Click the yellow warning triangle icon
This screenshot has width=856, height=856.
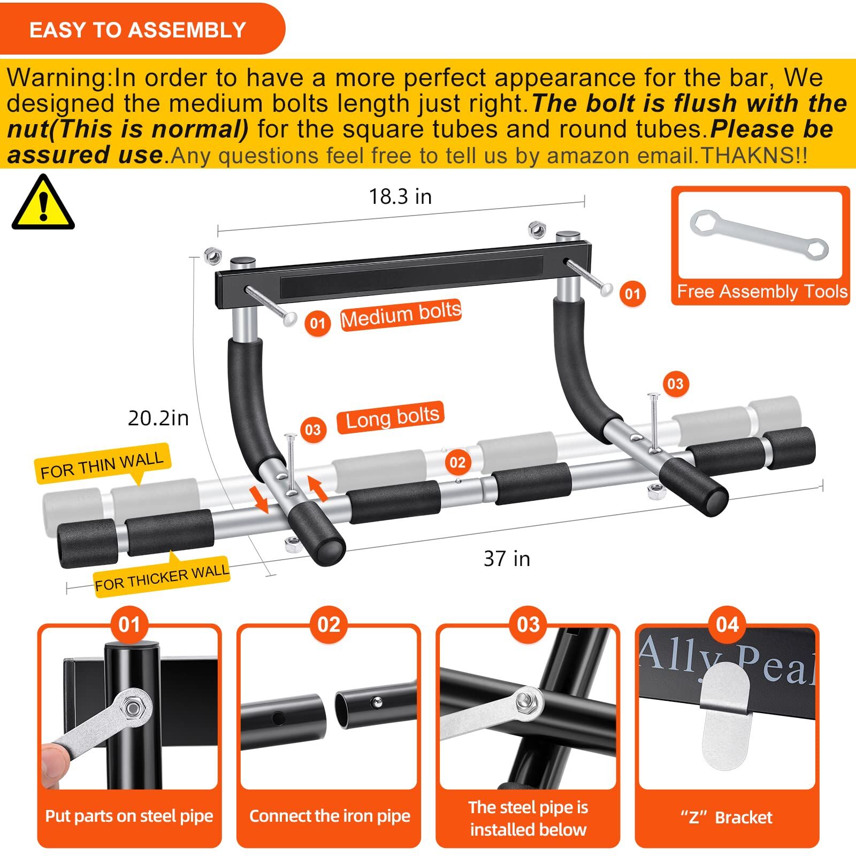(x=43, y=203)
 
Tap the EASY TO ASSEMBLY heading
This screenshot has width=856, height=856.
(x=137, y=30)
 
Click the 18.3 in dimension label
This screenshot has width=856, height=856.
(x=400, y=197)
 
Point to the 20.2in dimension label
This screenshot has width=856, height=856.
(x=158, y=418)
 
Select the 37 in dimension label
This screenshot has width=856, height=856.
(x=506, y=559)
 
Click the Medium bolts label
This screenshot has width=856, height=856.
(x=401, y=315)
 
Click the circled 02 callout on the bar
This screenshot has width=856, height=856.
(x=457, y=462)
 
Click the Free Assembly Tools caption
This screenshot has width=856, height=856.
(x=762, y=292)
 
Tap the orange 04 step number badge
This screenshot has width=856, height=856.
(x=727, y=625)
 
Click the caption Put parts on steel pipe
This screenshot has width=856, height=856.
(x=129, y=816)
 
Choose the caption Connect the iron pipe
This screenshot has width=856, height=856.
(x=329, y=816)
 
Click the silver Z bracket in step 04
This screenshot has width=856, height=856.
(x=725, y=714)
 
